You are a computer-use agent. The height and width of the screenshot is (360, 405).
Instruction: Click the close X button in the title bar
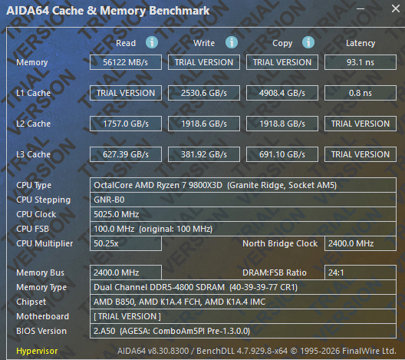click(396, 8)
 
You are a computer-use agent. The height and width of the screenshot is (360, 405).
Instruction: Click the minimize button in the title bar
click(361, 8)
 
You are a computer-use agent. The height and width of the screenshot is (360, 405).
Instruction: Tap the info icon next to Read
click(152, 42)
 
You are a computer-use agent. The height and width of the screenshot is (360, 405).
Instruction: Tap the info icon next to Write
click(232, 42)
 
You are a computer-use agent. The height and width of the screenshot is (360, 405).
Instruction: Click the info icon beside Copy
click(308, 42)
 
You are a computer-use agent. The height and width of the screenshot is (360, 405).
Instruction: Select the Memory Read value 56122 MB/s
click(126, 62)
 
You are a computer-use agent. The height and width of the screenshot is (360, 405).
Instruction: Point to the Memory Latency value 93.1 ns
click(361, 62)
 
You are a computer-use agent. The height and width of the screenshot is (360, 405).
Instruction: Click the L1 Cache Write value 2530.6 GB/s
click(204, 93)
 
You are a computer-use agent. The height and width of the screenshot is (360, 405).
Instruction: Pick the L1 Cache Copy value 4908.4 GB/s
click(282, 93)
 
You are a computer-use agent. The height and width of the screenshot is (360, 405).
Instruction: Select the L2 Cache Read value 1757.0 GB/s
click(126, 124)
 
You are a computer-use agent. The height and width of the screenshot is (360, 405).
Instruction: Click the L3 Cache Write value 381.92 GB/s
click(204, 154)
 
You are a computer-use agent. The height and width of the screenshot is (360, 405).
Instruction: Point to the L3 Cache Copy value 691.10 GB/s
click(282, 154)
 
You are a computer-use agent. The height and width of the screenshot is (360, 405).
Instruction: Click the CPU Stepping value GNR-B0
click(109, 200)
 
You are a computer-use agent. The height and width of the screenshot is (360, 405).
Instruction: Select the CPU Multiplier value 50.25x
click(106, 243)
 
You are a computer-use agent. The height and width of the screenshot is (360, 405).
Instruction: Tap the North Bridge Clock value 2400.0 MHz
click(351, 243)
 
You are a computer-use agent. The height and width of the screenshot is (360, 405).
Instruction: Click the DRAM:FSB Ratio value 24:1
click(336, 272)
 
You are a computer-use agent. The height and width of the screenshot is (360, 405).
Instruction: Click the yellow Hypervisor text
click(37, 351)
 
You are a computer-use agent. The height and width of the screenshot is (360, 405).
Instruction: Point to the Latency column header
click(361, 43)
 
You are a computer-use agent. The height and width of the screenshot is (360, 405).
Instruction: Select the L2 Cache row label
click(33, 124)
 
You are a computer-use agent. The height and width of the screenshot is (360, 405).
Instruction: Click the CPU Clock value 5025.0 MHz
click(117, 214)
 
